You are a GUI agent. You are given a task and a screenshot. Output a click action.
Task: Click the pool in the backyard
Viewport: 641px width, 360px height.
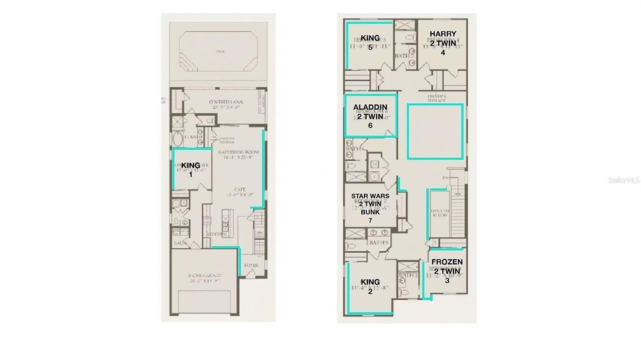(x=218, y=52)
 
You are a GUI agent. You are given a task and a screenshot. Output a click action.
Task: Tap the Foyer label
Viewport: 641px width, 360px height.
(x=251, y=265)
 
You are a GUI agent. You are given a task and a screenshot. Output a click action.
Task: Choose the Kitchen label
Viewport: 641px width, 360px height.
(x=217, y=234)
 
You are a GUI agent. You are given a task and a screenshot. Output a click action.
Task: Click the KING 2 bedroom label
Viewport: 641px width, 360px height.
(x=370, y=286)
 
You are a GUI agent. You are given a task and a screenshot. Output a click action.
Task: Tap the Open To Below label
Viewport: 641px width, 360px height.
(x=440, y=213)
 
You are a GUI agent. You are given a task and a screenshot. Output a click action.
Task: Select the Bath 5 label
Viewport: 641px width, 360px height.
(x=379, y=243)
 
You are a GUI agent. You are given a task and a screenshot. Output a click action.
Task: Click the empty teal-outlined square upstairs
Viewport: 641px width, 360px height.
(x=435, y=132)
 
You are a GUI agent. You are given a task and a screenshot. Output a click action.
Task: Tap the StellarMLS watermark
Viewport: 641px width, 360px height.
(x=623, y=180)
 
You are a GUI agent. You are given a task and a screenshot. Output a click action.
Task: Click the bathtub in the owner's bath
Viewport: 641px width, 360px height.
(x=177, y=139)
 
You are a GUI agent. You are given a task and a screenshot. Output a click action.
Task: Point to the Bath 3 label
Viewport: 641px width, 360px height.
(x=403, y=56)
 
